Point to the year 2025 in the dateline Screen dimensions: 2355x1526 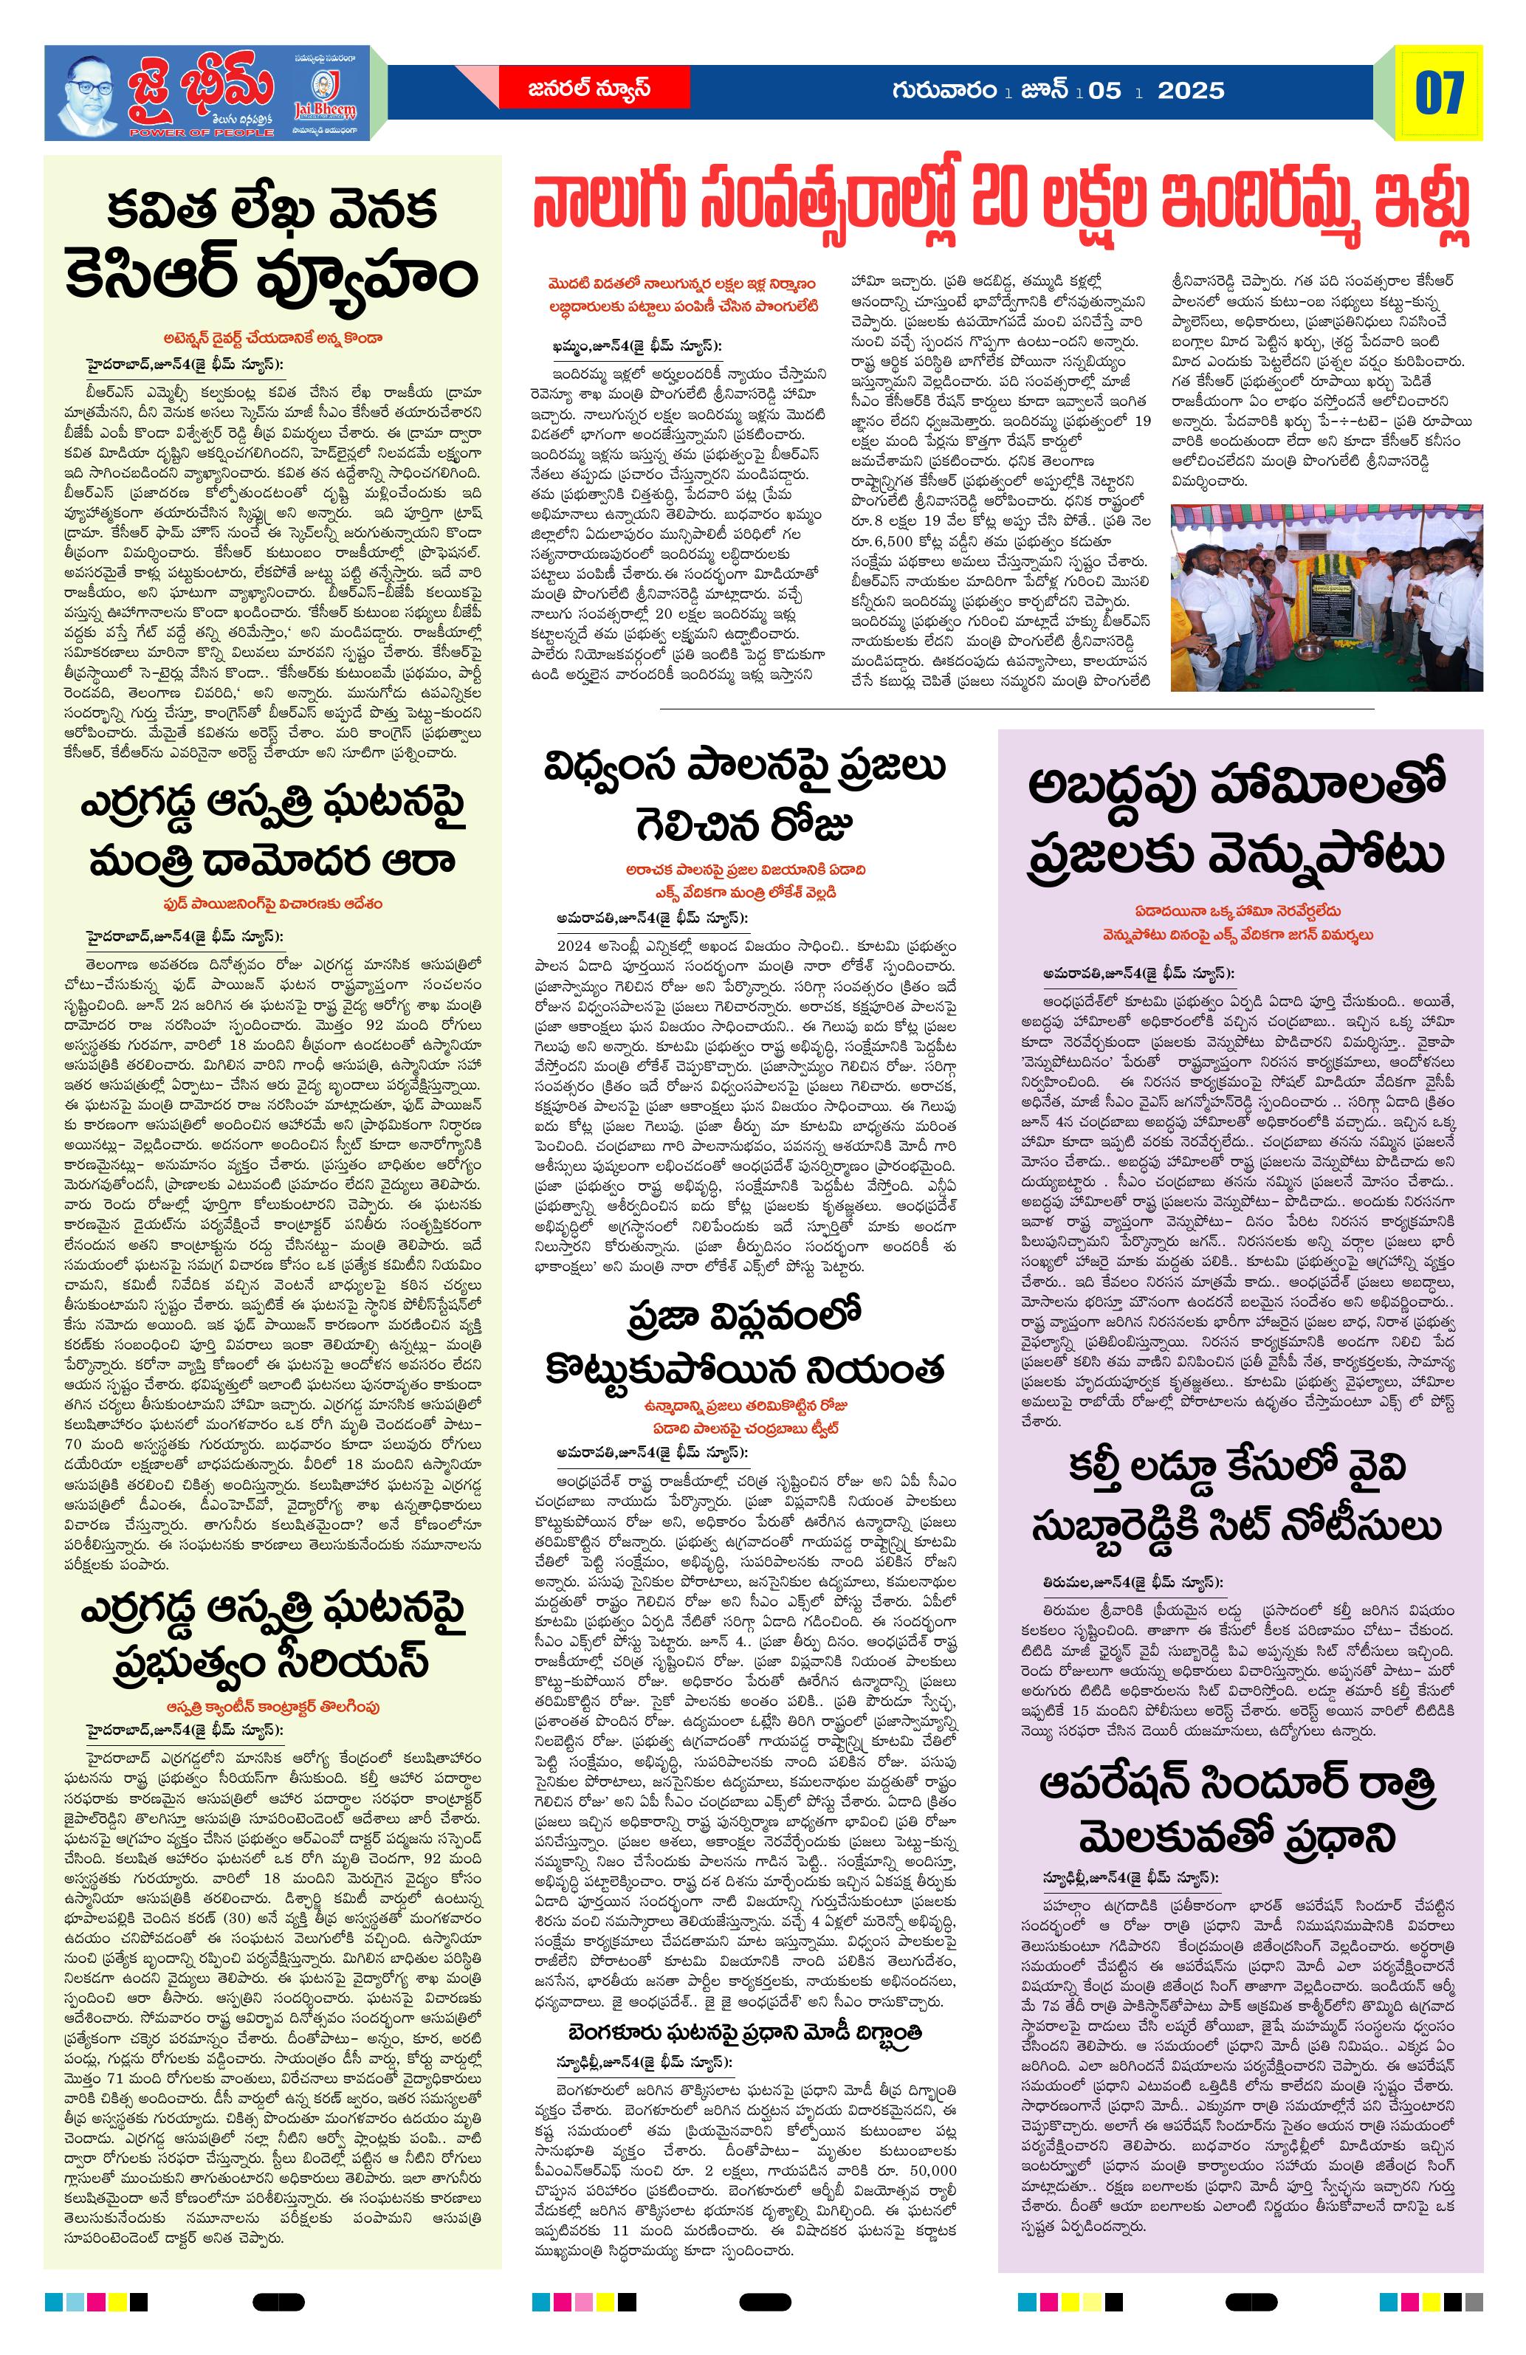coord(1191,91)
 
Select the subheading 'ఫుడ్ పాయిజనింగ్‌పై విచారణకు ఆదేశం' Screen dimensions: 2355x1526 coord(273,904)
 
